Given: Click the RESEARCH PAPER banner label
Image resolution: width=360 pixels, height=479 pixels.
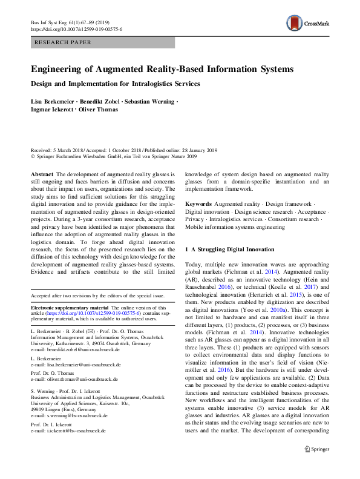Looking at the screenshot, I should point(63,42).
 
